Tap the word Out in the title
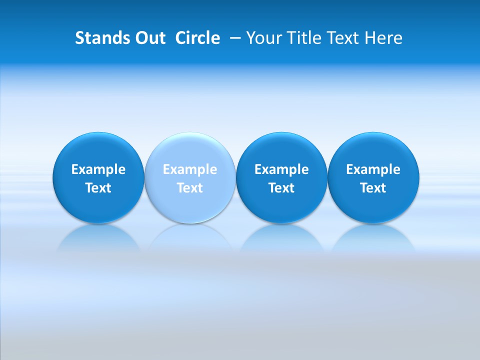(149, 38)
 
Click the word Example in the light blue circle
(190, 169)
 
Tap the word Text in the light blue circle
(190, 188)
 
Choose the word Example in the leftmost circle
(98, 169)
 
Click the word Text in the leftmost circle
(98, 188)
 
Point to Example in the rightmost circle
(373, 169)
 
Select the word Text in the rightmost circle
(373, 188)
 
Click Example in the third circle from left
(281, 169)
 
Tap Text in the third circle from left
(281, 188)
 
